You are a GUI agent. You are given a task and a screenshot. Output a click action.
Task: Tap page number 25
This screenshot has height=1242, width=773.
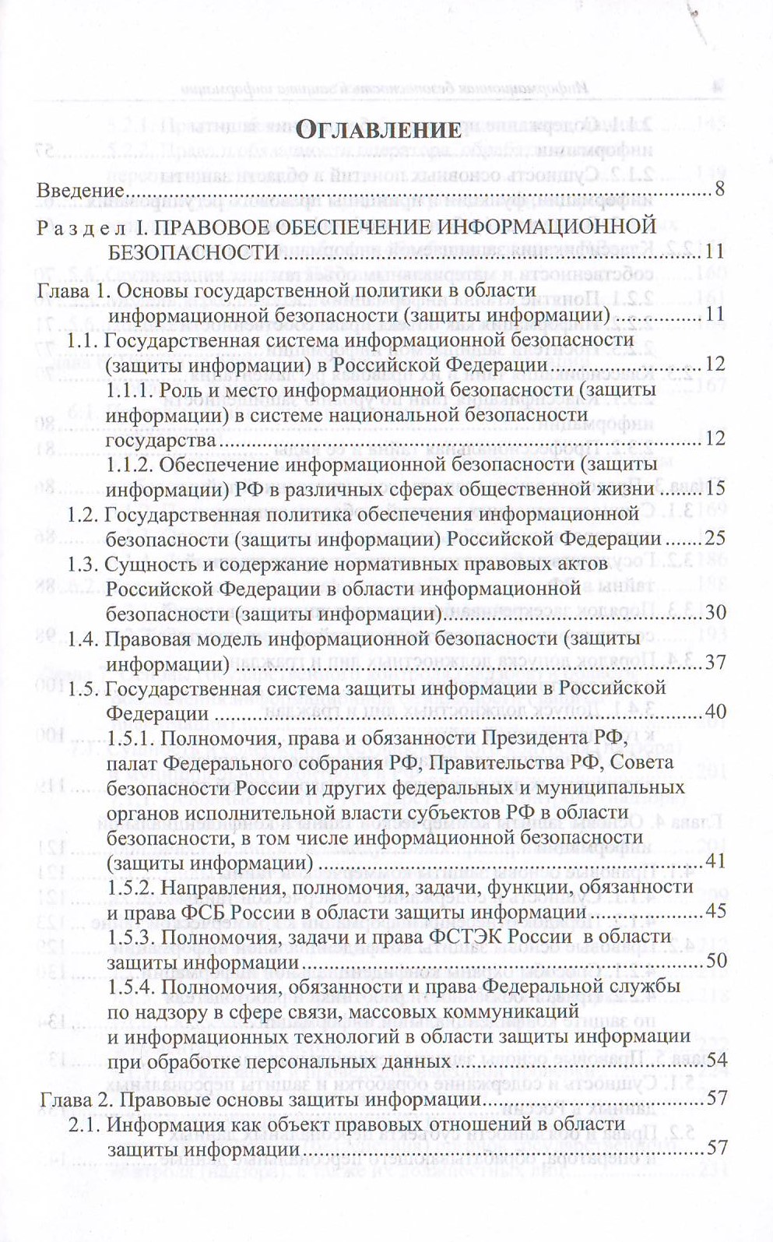click(x=715, y=538)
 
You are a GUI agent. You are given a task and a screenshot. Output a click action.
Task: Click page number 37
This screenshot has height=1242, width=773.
click(x=715, y=663)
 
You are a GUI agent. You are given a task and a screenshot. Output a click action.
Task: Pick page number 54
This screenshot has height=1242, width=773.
click(x=715, y=1060)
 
